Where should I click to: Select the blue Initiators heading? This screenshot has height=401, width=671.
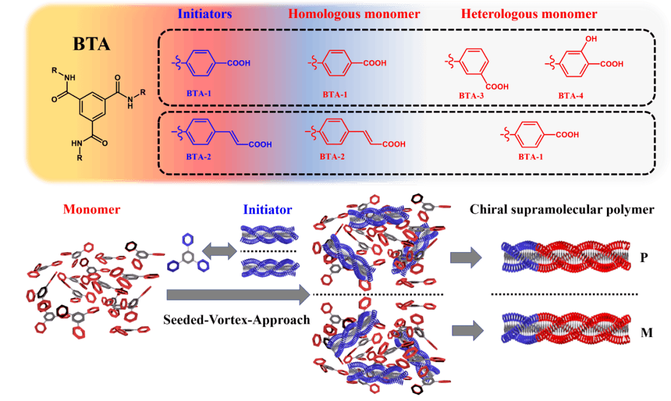point(204,14)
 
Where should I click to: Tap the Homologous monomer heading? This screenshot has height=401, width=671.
point(354,14)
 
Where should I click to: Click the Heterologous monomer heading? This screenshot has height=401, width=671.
point(529,14)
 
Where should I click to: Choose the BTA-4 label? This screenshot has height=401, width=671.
point(572,96)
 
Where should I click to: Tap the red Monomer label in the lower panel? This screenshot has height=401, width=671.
point(91,210)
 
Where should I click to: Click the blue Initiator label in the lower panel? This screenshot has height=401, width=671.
point(267,210)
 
